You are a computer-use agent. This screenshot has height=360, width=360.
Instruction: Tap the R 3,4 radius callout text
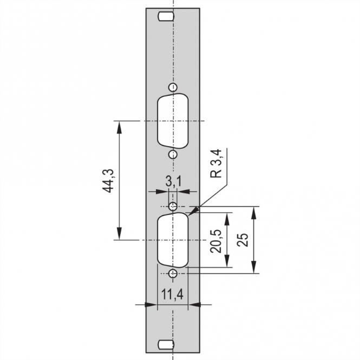pos(215,165)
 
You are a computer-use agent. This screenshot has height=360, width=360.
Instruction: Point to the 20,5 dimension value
pos(216,240)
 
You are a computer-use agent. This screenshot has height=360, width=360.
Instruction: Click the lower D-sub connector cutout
pos(172,239)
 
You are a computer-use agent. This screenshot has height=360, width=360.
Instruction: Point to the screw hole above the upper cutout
pos(172,88)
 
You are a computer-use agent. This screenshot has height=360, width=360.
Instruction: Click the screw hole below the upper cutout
pos(172,154)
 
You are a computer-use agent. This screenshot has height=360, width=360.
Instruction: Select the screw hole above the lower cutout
pos(173,206)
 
